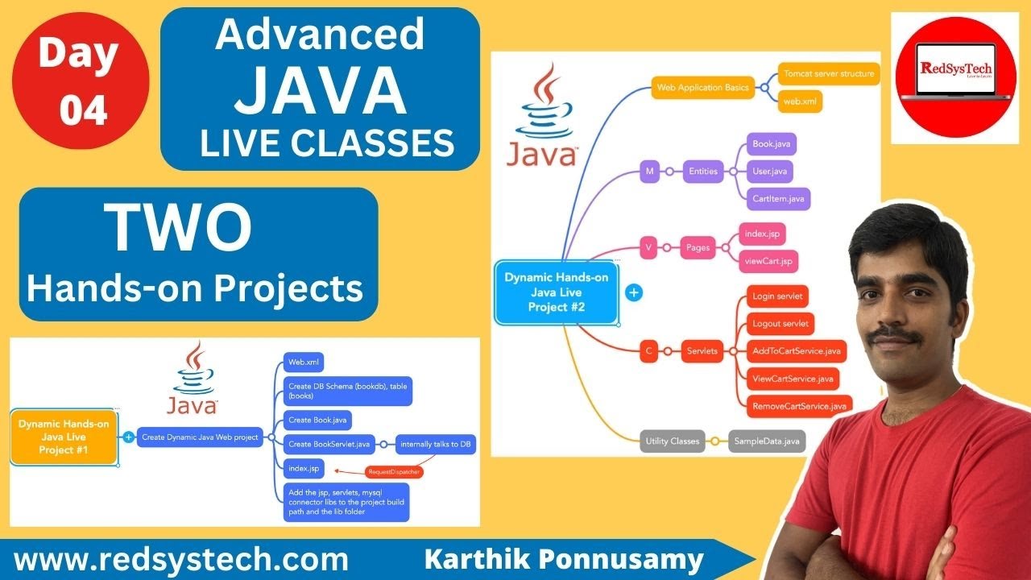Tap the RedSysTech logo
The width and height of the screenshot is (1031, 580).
pos(954,78)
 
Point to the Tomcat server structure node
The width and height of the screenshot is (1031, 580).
pos(829,74)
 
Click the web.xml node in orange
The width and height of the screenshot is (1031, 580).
pos(800,101)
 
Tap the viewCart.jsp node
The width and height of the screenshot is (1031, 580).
pos(769,260)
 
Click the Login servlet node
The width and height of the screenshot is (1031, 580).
pos(777,296)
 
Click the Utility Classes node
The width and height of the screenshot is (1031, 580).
pos(673,441)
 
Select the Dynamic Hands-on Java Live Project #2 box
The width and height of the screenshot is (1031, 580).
pos(557,292)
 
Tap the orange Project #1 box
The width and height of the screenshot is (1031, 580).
pos(64,437)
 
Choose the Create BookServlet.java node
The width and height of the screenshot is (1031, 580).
pos(329,443)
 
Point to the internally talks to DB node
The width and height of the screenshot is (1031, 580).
pos(436,443)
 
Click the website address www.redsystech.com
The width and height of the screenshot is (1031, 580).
pos(181,558)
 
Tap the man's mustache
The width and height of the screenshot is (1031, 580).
pos(895,333)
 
